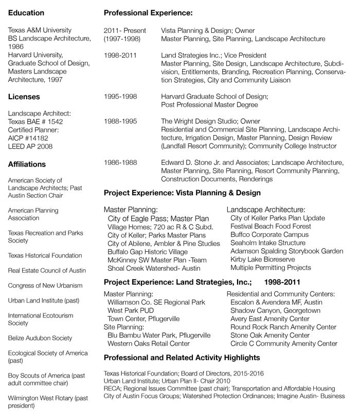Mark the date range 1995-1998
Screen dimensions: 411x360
[121, 96]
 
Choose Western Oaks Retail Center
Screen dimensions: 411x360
[156, 344]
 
